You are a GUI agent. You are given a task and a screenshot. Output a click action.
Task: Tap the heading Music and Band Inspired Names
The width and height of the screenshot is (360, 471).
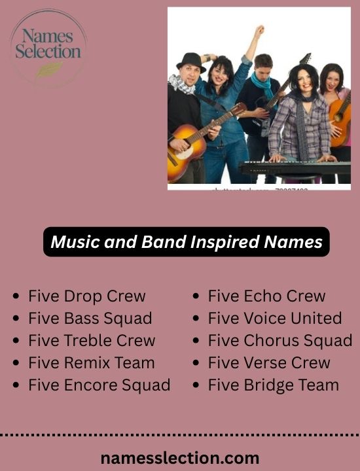tap(187, 242)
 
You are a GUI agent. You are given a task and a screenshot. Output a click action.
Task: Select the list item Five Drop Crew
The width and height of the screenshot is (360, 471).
tap(87, 296)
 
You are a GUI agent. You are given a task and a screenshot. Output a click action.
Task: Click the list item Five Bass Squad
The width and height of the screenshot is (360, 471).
tap(90, 319)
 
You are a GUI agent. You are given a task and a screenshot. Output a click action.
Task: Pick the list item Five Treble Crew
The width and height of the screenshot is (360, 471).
tap(92, 341)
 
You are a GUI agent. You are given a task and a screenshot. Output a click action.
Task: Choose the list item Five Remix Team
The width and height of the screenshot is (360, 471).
tap(92, 363)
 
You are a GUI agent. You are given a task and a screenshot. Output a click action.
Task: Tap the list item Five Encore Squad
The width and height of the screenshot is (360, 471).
tap(99, 385)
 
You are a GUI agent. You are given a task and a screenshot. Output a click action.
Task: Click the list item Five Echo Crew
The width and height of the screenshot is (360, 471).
tap(266, 296)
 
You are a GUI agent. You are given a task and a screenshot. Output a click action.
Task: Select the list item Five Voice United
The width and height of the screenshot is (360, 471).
tap(275, 319)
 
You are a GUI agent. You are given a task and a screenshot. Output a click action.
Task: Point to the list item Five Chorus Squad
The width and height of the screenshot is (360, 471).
tap(280, 341)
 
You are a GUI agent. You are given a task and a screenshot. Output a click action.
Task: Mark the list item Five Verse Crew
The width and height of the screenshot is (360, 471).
tap(269, 363)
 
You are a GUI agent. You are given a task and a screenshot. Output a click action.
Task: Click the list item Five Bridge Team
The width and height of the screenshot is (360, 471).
tap(274, 385)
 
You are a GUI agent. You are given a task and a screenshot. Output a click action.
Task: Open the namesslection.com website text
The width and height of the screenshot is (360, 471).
tap(180, 458)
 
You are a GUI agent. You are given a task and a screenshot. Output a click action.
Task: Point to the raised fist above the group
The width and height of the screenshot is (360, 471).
tap(259, 31)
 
